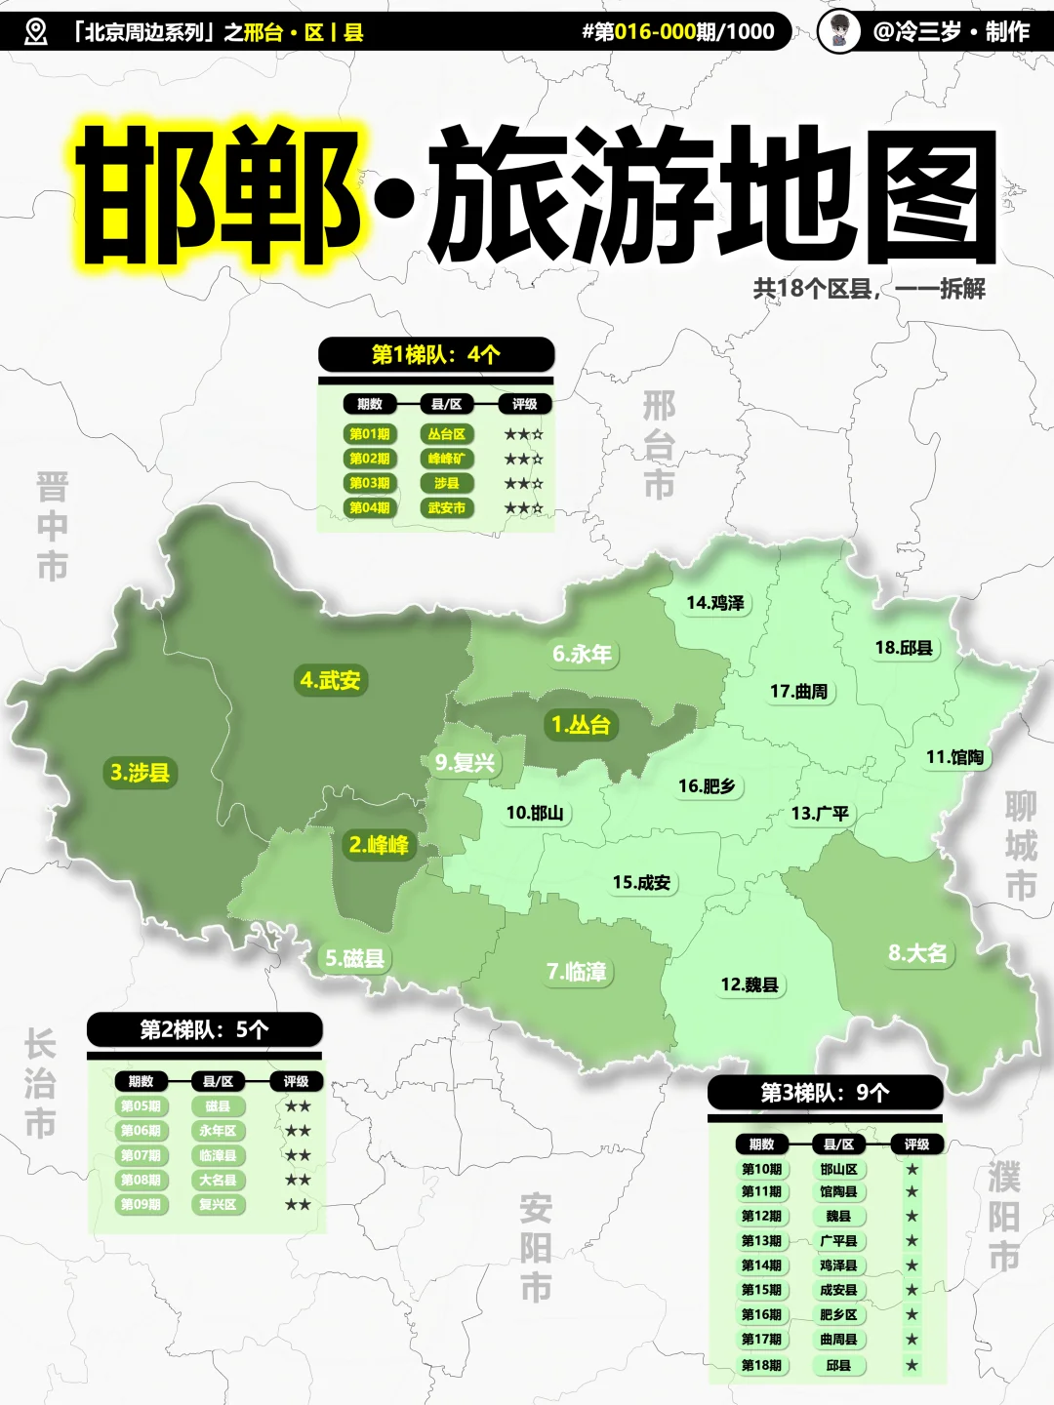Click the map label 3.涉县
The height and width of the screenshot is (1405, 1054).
coord(140,773)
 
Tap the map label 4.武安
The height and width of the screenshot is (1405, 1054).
coord(330,680)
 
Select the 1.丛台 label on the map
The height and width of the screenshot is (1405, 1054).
coord(581,725)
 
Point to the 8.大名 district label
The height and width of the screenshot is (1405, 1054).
coord(917,953)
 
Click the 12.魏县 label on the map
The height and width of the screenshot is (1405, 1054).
coord(750,984)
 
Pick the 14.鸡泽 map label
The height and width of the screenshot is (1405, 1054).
coord(715,603)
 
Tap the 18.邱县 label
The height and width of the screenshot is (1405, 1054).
coord(904,648)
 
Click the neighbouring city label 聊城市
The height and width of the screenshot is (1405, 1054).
coord(1020,846)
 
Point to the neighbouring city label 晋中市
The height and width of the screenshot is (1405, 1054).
coord(52,526)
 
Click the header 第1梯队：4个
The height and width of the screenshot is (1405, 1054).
coord(436,354)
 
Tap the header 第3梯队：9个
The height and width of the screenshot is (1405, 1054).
coord(825,1093)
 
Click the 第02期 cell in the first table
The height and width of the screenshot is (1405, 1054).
coord(370,459)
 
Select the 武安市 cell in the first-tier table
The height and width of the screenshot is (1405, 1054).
coord(446,507)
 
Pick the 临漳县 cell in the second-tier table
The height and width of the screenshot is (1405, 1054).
coord(218,1155)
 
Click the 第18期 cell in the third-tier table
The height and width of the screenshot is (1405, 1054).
coord(761,1365)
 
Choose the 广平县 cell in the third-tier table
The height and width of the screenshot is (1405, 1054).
coord(838,1241)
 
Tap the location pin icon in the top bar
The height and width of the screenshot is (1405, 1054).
coord(36,32)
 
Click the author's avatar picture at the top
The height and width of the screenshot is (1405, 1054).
coord(838,31)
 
